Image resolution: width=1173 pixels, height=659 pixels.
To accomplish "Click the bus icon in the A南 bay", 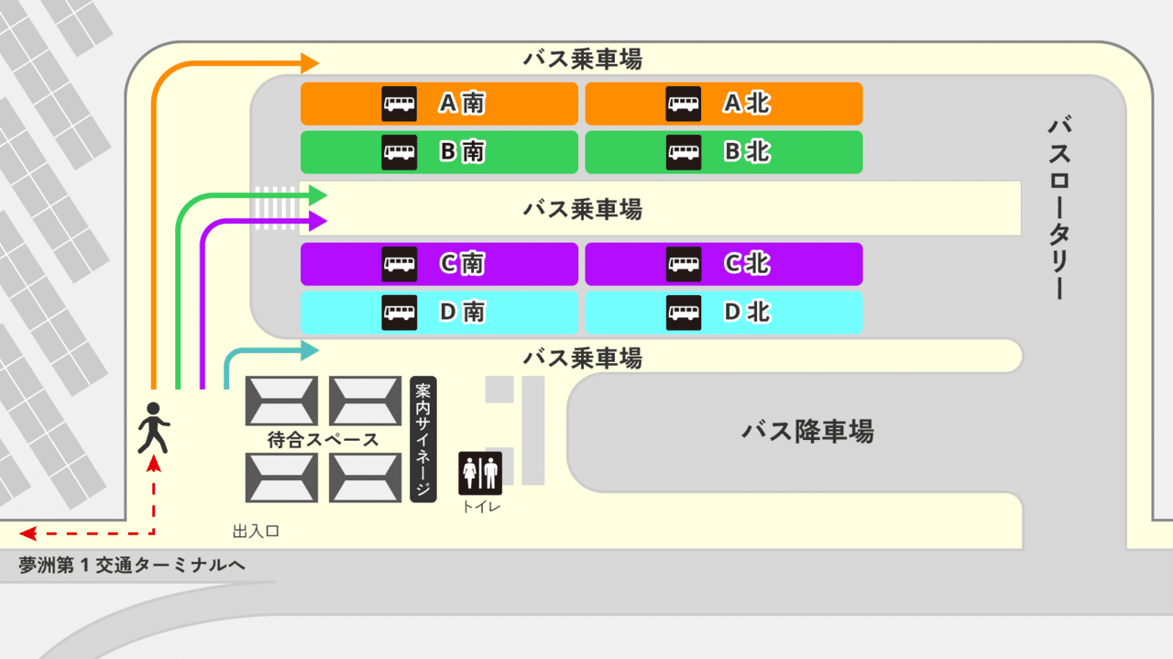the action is [399, 104].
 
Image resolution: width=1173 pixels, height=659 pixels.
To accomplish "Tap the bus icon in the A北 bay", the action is [684, 104].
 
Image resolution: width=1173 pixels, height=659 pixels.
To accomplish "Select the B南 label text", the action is [463, 152].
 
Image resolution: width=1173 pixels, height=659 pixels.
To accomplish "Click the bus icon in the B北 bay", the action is [684, 152].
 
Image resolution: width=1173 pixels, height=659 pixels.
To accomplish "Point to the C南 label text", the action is [463, 263].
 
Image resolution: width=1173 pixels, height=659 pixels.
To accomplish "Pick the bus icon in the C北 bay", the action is [684, 264].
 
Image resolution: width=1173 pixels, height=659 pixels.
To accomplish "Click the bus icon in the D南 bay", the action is [399, 313].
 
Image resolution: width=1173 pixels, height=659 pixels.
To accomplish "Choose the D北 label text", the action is [747, 313].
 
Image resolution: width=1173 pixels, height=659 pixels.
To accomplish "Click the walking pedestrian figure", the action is [153, 428].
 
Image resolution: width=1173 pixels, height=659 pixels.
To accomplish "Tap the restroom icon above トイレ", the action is [480, 474].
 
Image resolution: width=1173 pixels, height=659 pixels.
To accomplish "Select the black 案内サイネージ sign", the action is [423, 439].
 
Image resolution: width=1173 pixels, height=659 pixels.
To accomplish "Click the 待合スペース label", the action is [323, 440].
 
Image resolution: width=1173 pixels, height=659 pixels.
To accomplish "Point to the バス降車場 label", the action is [808, 432].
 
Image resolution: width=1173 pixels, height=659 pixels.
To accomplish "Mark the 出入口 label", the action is [256, 532].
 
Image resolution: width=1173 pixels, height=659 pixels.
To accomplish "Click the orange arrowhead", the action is [310, 63].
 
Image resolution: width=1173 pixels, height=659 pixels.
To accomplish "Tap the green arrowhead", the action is [318, 195].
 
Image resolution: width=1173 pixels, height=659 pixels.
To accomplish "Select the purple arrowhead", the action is [318, 221].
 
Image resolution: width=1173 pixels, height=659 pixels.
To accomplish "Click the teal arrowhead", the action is [310, 350].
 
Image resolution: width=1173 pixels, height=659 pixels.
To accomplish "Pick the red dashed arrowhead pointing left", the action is [27, 533].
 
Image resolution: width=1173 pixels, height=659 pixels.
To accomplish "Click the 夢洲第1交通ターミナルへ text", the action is [132, 566].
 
